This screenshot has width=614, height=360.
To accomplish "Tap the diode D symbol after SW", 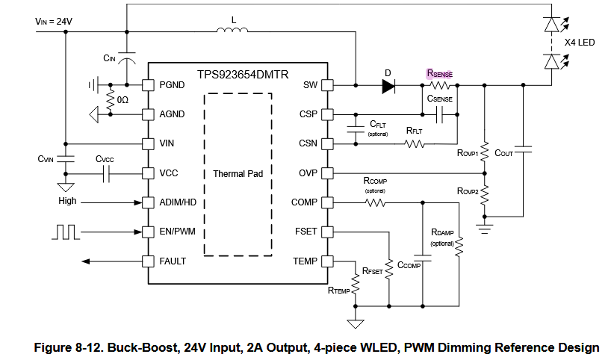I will (x=388, y=86).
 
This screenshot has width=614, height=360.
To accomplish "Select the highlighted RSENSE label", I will (x=439, y=73).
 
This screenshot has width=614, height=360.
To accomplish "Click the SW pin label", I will (x=310, y=85).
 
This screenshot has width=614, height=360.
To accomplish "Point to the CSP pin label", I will (x=308, y=114).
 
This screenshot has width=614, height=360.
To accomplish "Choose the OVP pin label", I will (x=308, y=173).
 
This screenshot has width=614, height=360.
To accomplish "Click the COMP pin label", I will (x=304, y=202).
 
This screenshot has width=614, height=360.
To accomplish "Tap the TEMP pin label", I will (x=305, y=261).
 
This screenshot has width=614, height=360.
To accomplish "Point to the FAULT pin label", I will (x=173, y=261).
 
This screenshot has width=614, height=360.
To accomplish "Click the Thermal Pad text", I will (x=238, y=173).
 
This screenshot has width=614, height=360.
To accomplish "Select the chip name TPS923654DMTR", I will (x=238, y=75).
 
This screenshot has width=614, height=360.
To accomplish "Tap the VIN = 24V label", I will (x=54, y=22).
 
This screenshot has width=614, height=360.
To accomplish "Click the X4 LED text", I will (x=579, y=43).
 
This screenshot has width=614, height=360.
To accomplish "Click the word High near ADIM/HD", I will (x=67, y=202).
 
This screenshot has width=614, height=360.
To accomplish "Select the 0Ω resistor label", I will (x=122, y=99).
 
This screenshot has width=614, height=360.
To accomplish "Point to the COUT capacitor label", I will (x=504, y=153).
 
